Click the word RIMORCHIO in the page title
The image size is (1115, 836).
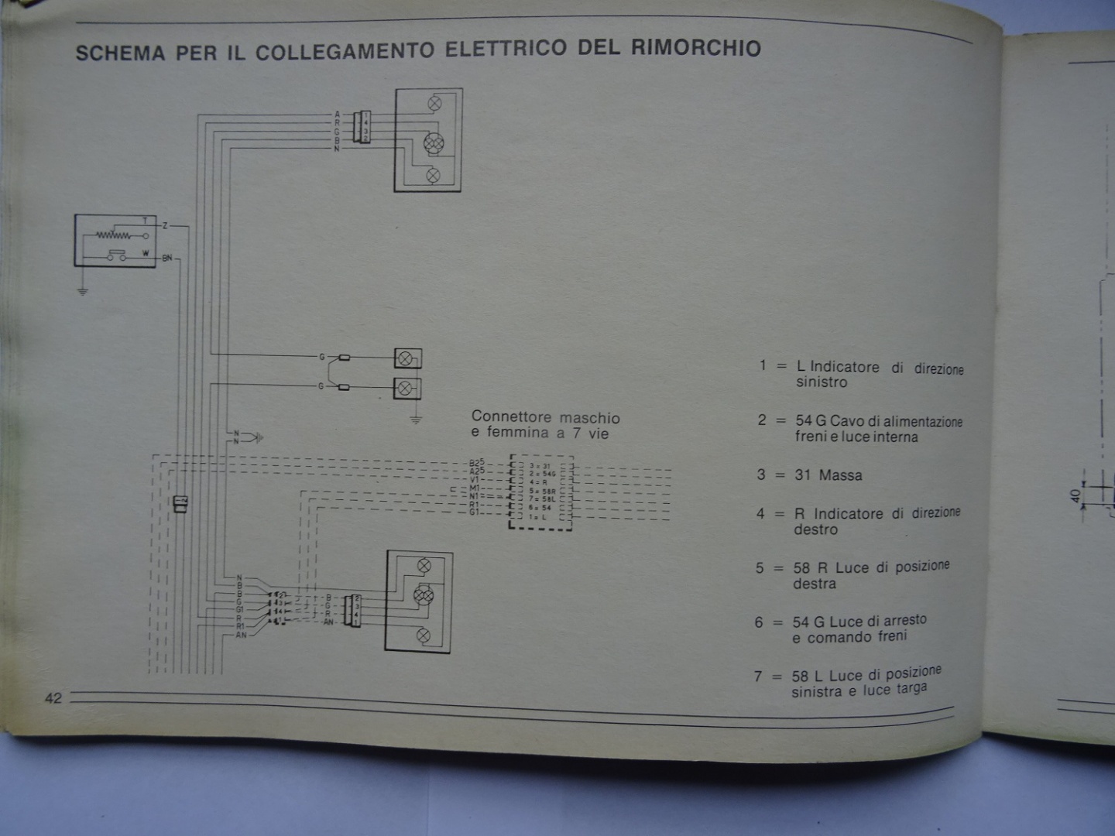pos(695,48)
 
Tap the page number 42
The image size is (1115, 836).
pos(53,698)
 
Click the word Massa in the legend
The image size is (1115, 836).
pos(840,475)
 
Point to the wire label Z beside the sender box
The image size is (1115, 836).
pos(165,226)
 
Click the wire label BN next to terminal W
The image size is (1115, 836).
pos(166,258)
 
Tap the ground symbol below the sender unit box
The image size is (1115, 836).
pos(83,291)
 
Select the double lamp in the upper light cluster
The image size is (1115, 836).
pos(434,143)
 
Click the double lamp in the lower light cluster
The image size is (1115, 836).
pos(424,595)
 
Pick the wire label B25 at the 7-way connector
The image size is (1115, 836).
pos(476,463)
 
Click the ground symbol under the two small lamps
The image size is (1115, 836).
pos(416,420)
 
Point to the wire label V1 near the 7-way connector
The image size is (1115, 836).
pos(475,480)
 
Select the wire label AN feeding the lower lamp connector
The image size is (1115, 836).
pos(241,635)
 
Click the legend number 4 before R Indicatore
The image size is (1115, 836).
pos(760,514)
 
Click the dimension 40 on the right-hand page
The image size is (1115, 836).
pos(1076,495)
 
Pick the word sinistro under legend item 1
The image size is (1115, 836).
pos(822,382)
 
